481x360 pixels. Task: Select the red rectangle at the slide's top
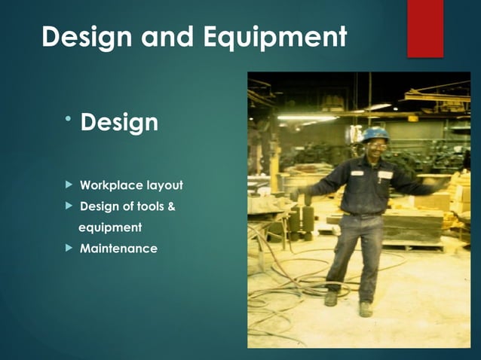pyautogui.click(x=425, y=28)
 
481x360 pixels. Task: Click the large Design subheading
pyautogui.click(x=119, y=122)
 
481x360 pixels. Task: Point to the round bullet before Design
pyautogui.click(x=68, y=116)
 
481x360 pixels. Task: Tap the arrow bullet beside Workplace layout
pyautogui.click(x=69, y=185)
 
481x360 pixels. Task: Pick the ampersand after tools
pyautogui.click(x=171, y=206)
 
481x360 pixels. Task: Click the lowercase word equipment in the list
pyautogui.click(x=110, y=227)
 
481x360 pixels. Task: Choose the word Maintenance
pyautogui.click(x=118, y=248)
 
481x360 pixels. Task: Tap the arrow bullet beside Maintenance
pyautogui.click(x=69, y=248)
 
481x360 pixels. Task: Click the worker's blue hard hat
pyautogui.click(x=375, y=133)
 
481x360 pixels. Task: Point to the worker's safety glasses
pyautogui.click(x=375, y=145)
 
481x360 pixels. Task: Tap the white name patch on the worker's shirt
pyautogui.click(x=385, y=174)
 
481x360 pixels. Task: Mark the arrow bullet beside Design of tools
pyautogui.click(x=69, y=206)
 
